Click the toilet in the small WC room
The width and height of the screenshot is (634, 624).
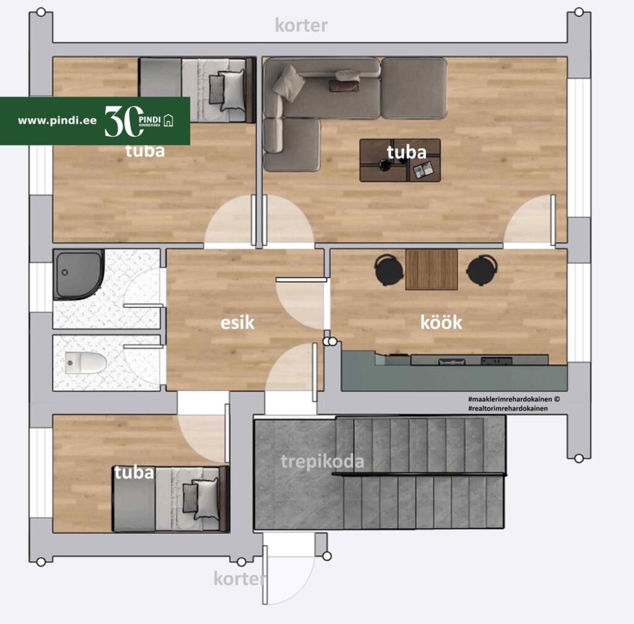85,363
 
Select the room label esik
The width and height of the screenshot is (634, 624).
237,323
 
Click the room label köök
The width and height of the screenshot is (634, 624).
441,323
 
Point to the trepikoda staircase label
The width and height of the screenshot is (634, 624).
322,462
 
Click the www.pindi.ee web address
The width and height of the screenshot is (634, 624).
57,121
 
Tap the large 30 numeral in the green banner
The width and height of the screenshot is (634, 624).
124,121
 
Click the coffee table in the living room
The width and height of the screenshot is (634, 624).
400,160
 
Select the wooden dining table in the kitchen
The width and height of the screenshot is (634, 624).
432,269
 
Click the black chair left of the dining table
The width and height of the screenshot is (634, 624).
389,269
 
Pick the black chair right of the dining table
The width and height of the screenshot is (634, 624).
482,269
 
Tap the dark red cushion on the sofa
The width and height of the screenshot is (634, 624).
344,85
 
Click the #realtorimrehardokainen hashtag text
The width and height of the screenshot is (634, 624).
508,409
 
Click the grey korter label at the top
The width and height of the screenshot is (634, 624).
302,25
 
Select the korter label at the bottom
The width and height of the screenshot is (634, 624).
240,579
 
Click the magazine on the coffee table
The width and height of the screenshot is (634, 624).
423,170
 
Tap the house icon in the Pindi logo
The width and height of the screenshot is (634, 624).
168,121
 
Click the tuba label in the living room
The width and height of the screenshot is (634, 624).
406,152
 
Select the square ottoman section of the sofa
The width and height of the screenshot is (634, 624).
414,88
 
